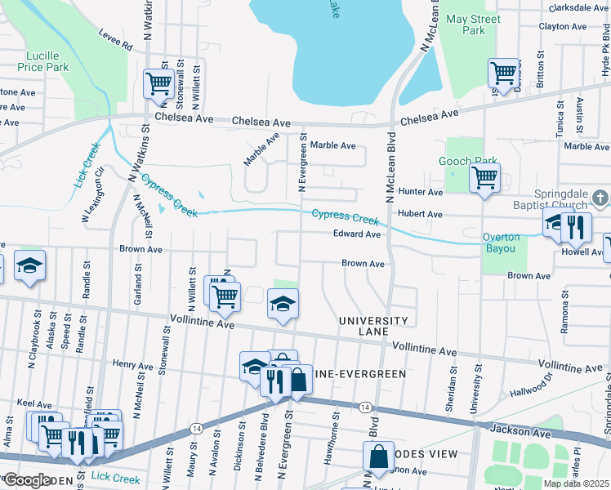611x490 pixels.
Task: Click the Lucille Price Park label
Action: click(40, 61)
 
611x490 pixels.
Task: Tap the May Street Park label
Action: click(462, 24)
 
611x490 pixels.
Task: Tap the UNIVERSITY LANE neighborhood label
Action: click(373, 326)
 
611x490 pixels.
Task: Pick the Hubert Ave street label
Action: click(419, 214)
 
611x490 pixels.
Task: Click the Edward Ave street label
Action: click(357, 234)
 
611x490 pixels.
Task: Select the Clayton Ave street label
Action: click(563, 26)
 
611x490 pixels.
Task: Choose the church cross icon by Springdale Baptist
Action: click(600, 198)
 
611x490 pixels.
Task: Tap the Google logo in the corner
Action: click(27, 480)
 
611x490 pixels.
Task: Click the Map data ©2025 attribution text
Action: click(575, 483)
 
